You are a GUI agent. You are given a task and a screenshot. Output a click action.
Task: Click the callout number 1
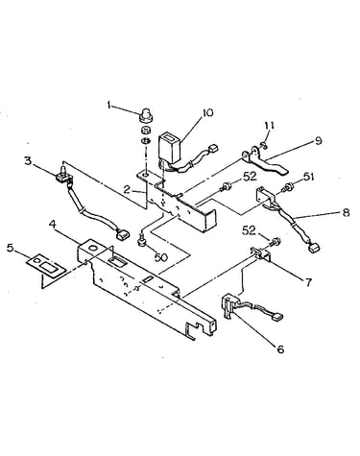click(109, 105)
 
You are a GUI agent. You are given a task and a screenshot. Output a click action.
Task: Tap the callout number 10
click(207, 113)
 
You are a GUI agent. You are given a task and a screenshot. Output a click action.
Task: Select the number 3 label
click(29, 160)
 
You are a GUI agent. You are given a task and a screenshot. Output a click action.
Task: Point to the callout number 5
click(11, 248)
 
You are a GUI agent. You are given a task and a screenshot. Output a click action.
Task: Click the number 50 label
click(161, 257)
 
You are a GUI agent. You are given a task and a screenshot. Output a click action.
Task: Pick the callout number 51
click(308, 177)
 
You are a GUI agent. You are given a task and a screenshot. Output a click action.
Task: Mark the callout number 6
click(280, 349)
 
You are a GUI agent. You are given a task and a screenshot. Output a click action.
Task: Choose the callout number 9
click(318, 140)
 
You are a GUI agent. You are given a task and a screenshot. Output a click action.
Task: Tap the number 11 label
click(269, 125)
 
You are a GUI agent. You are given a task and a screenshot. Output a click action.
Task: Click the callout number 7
click(308, 282)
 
